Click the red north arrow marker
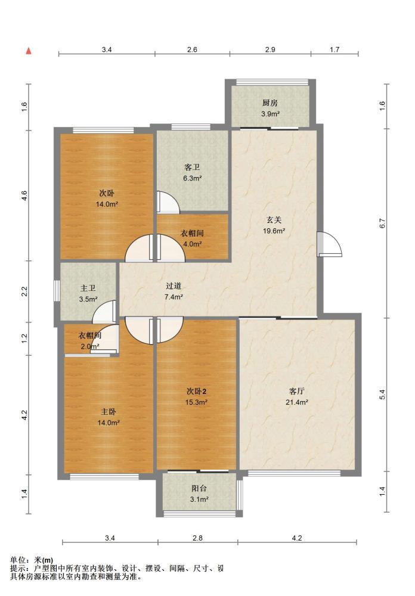(x=29, y=51)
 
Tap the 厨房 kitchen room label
(x=270, y=103)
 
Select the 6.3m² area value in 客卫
(x=192, y=178)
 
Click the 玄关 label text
(x=274, y=220)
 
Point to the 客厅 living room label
(x=297, y=391)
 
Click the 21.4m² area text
(x=297, y=402)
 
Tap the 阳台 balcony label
(x=199, y=489)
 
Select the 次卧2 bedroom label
(x=196, y=391)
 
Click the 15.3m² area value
(x=196, y=402)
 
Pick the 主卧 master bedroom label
(x=109, y=412)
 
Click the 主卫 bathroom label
(x=88, y=288)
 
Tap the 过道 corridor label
(x=174, y=286)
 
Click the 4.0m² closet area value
(x=192, y=244)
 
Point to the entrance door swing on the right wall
(x=330, y=244)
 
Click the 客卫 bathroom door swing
(x=168, y=201)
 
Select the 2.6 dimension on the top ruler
(x=193, y=49)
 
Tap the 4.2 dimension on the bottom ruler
(x=297, y=538)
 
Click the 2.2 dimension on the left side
(x=24, y=291)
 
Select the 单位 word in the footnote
(x=18, y=560)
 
